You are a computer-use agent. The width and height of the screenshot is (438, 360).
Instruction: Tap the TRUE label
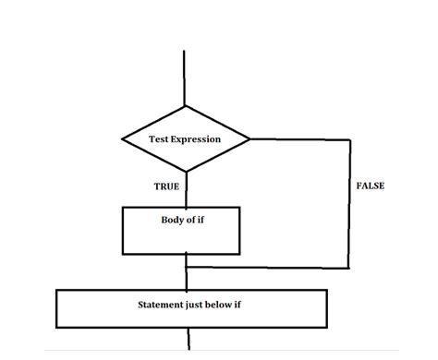click(166, 186)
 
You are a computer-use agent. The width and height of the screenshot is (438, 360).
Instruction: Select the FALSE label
click(370, 186)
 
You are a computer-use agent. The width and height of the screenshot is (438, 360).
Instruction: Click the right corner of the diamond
click(250, 139)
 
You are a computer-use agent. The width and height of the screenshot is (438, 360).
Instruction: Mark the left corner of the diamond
click(122, 139)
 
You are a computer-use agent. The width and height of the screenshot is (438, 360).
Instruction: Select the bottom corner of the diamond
click(186, 171)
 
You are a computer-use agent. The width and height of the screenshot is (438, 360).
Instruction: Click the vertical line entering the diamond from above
click(186, 78)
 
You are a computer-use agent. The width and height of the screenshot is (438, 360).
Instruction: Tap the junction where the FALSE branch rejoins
click(187, 268)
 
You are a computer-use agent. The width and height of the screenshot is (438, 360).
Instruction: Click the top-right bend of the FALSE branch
click(350, 139)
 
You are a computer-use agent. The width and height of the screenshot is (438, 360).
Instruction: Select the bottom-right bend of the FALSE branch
click(350, 268)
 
